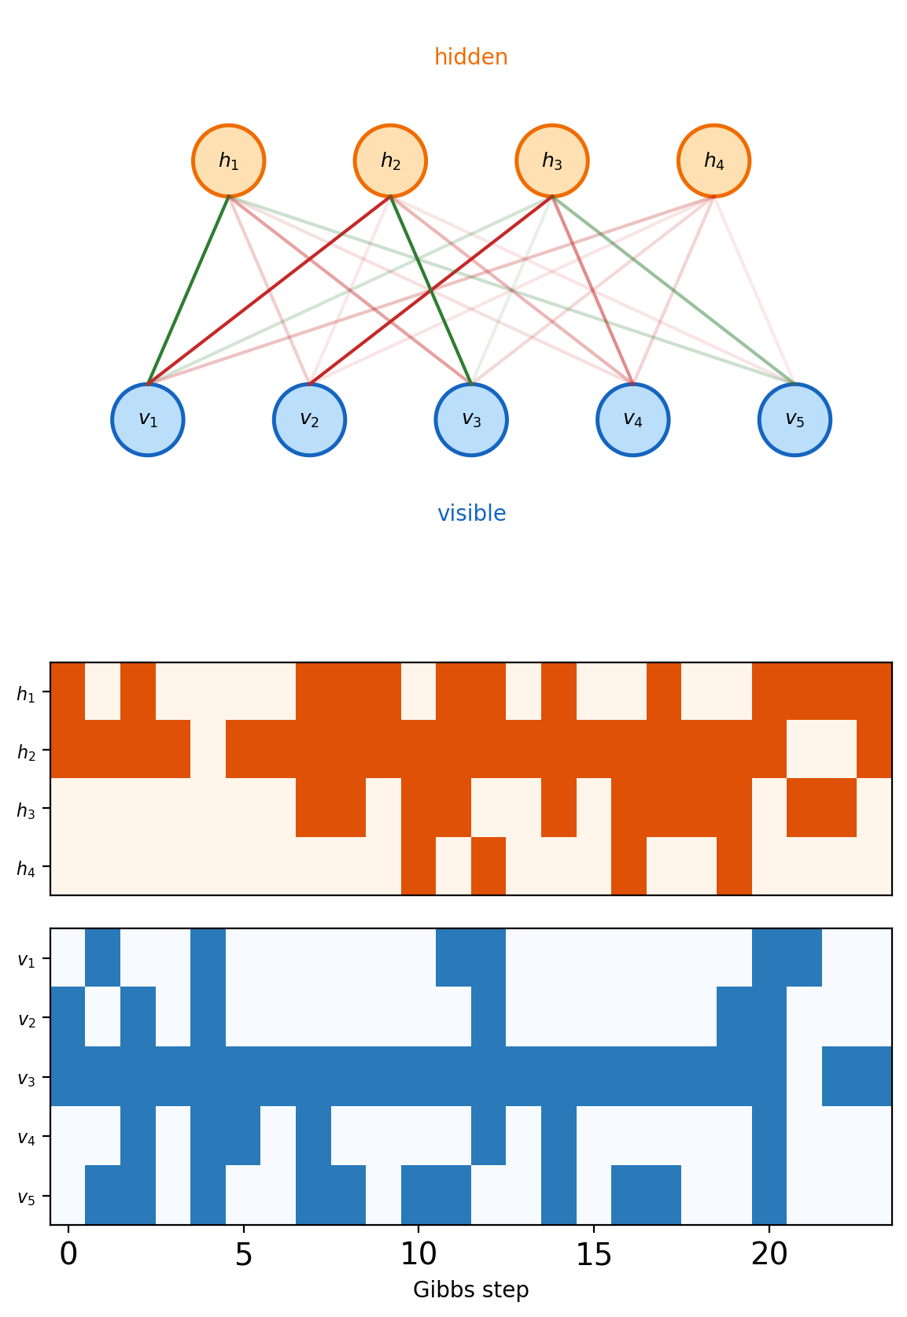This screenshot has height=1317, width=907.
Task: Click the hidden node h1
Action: click(x=229, y=160)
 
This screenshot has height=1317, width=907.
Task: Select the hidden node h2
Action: click(x=390, y=160)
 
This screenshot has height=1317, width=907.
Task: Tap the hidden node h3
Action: click(x=552, y=160)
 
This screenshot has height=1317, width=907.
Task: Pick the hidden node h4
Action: click(x=713, y=160)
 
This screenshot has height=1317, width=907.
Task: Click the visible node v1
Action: click(x=148, y=419)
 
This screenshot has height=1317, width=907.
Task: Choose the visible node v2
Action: click(x=309, y=419)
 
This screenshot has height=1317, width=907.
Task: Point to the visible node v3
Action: click(x=471, y=419)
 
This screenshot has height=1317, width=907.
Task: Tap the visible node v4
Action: click(x=632, y=419)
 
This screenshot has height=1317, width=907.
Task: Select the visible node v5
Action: click(x=795, y=419)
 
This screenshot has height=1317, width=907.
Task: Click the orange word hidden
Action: click(x=471, y=57)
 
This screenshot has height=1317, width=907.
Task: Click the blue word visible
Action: click(x=471, y=513)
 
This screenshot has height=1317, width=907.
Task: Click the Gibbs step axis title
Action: click(x=471, y=1289)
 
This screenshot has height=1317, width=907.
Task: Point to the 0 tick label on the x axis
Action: click(x=68, y=1254)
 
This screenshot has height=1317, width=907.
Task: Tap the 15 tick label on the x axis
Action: click(x=594, y=1254)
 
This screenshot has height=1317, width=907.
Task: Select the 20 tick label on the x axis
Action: click(x=769, y=1254)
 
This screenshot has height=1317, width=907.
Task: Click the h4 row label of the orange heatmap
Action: click(x=26, y=868)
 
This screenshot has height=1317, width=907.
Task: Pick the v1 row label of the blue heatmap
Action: click(x=26, y=960)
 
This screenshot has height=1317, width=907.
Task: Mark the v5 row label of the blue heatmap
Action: click(x=26, y=1197)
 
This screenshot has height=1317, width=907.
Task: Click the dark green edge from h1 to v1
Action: click(x=188, y=290)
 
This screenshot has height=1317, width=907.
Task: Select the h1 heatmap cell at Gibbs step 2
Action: click(x=138, y=692)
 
